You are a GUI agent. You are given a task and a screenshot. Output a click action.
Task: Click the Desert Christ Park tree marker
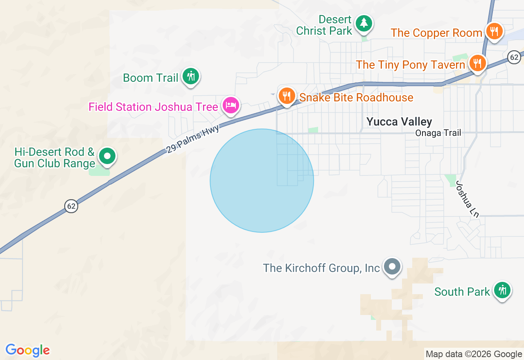point(363,23)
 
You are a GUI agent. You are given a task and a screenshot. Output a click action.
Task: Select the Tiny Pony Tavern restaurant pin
point(477,63)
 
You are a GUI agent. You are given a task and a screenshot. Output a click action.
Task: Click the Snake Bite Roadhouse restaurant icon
point(287,96)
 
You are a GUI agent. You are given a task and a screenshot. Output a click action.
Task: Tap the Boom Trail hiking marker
point(190,76)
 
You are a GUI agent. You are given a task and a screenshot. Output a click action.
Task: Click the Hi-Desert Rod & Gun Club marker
point(107,156)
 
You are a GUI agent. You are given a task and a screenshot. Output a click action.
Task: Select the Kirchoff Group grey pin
point(392,267)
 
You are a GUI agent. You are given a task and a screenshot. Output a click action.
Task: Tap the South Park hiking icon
point(502,290)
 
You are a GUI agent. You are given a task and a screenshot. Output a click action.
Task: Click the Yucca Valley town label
point(399,122)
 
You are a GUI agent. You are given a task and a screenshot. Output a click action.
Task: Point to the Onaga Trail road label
point(438,133)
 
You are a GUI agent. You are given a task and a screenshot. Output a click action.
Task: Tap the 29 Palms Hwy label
point(193,139)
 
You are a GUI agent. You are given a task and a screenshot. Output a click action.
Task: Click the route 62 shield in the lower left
point(71,206)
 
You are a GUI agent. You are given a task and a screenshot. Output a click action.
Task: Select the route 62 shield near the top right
point(514,57)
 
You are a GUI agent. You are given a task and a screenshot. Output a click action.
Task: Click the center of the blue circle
point(262,180)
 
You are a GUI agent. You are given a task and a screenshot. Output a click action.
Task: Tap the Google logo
point(28,350)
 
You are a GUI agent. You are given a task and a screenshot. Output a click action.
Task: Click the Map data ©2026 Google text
point(474,354)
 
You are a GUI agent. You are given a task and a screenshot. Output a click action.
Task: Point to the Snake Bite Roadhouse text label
point(356,97)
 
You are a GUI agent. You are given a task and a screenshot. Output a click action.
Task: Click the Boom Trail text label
point(151,78)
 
